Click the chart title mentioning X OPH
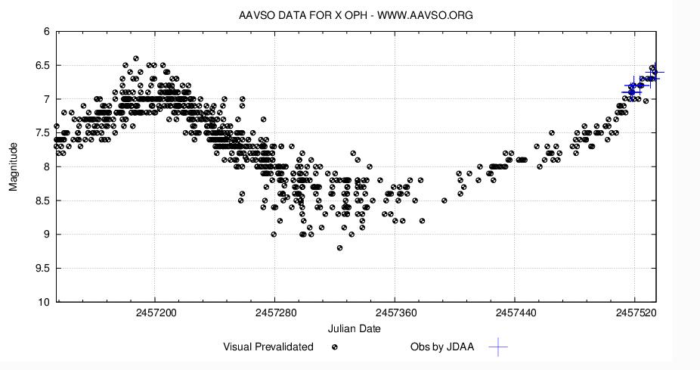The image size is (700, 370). [355, 15]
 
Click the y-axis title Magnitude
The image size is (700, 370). [13, 166]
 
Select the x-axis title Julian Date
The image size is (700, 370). [355, 328]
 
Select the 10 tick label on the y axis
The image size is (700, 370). [45, 303]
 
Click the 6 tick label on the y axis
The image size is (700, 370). [47, 32]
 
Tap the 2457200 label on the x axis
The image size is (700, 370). [154, 312]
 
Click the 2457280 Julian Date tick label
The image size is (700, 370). [274, 312]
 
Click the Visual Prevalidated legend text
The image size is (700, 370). [268, 347]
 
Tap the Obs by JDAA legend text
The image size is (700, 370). [442, 347]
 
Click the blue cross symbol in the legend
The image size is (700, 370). [498, 347]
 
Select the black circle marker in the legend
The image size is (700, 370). [335, 347]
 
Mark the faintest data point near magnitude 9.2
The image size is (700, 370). [339, 247]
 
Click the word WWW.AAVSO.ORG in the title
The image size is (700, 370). [428, 15]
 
